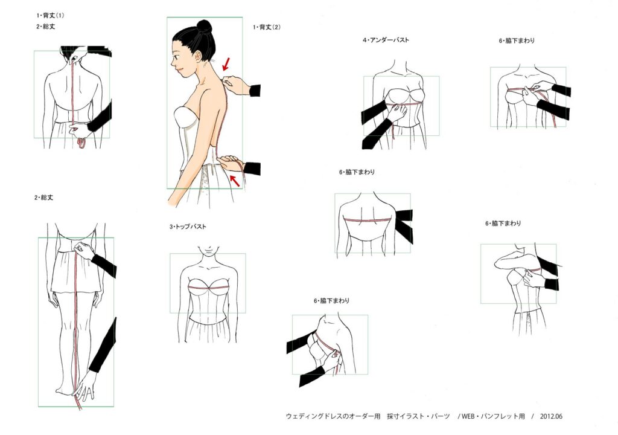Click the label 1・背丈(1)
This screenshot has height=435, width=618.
(x=51, y=16)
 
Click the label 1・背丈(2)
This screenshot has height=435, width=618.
(x=267, y=27)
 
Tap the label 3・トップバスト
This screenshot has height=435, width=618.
(x=188, y=227)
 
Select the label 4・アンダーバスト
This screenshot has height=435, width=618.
(x=386, y=40)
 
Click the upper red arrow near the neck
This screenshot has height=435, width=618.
(x=226, y=64)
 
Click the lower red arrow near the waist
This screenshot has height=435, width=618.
(x=235, y=181)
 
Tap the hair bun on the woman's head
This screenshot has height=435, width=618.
(x=204, y=26)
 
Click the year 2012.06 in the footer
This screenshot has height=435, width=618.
(x=551, y=416)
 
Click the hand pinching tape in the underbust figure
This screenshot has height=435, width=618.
(x=397, y=114)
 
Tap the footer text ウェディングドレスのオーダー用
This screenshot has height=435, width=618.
(x=333, y=416)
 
